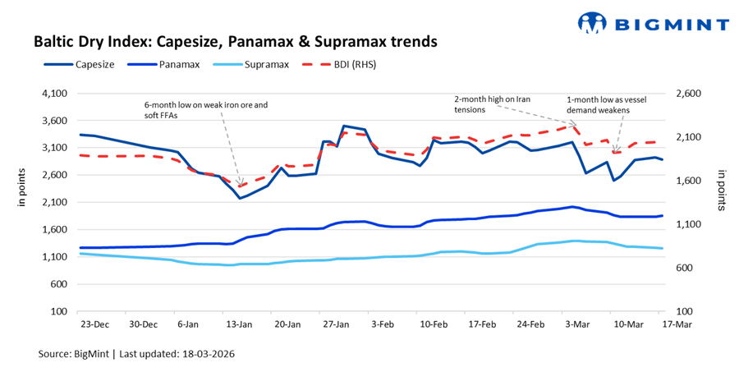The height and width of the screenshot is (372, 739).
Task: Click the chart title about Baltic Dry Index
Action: (x=234, y=40)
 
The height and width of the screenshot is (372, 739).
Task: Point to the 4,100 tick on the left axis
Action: (x=53, y=94)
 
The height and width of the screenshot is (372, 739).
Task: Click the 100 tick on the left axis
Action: (x=59, y=312)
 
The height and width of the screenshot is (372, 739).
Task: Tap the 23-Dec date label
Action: (x=95, y=325)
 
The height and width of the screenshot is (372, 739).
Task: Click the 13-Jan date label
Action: (x=240, y=325)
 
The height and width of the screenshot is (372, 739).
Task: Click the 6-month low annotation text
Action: (x=206, y=111)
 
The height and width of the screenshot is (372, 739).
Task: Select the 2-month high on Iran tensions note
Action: (x=493, y=104)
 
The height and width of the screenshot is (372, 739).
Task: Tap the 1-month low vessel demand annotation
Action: (x=598, y=104)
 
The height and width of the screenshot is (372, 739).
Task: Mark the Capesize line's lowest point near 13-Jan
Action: (x=240, y=198)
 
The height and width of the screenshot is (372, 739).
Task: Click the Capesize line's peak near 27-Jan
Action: (x=343, y=126)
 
